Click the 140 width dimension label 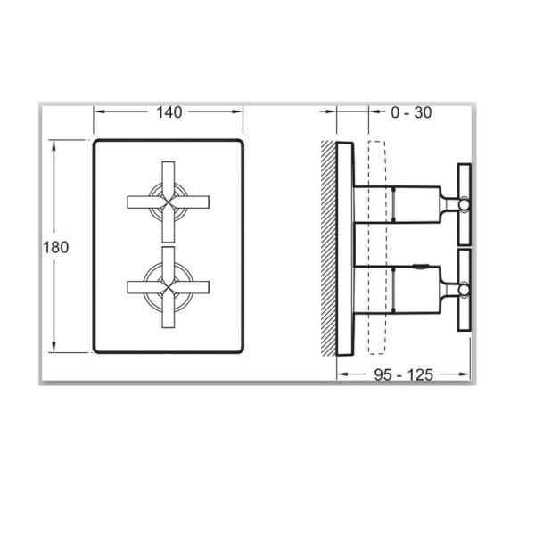[169, 112]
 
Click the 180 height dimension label [55, 248]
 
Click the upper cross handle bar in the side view [463, 204]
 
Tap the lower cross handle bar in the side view [463, 290]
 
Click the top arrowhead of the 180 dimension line [57, 143]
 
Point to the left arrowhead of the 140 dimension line [97, 112]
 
